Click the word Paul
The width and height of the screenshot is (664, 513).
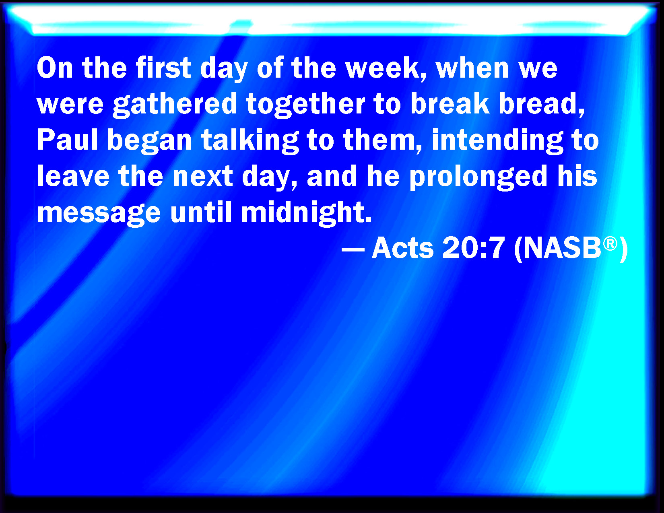tap(68, 140)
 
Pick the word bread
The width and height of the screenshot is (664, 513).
tap(542, 104)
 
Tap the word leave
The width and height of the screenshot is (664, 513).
tap(73, 176)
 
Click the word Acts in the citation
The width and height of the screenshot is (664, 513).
tap(402, 248)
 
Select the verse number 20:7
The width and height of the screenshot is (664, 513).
tap(473, 248)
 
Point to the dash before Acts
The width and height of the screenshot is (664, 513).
tap(353, 249)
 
